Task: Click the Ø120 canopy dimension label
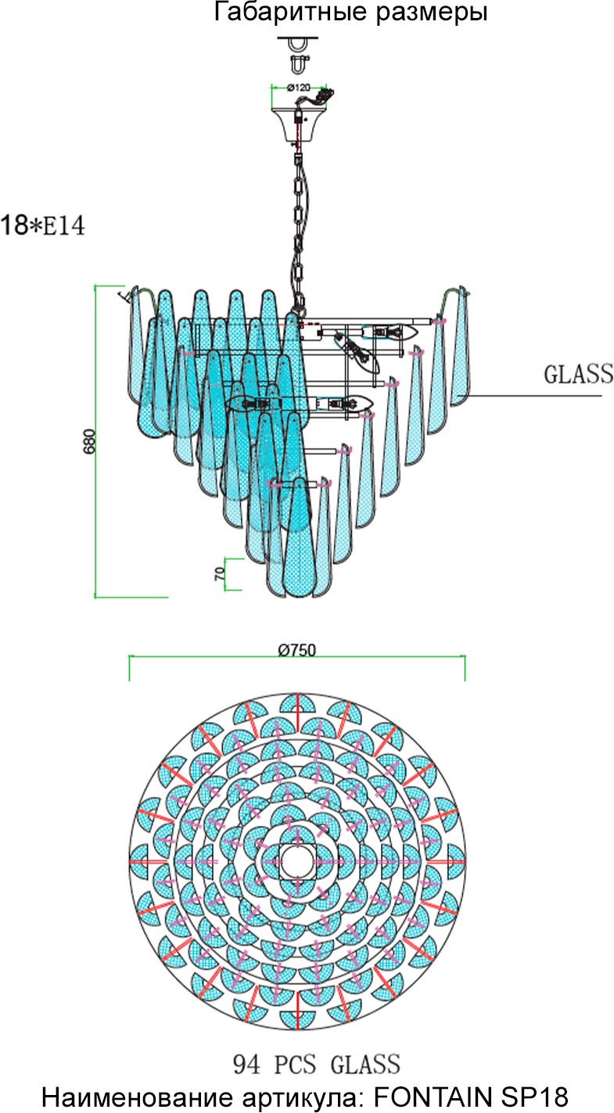point(299,87)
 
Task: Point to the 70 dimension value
point(220,573)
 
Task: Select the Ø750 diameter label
point(296,649)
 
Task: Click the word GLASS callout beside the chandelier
point(578,375)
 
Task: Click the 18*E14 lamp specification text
point(42,226)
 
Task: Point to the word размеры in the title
point(430,13)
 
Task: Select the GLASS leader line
point(532,396)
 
